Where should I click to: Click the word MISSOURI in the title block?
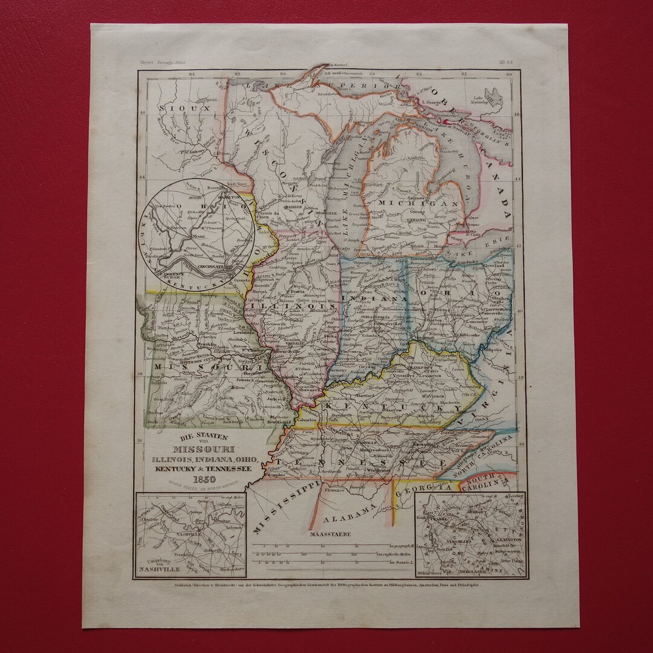point(197,448)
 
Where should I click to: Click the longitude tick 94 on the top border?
point(192,76)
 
